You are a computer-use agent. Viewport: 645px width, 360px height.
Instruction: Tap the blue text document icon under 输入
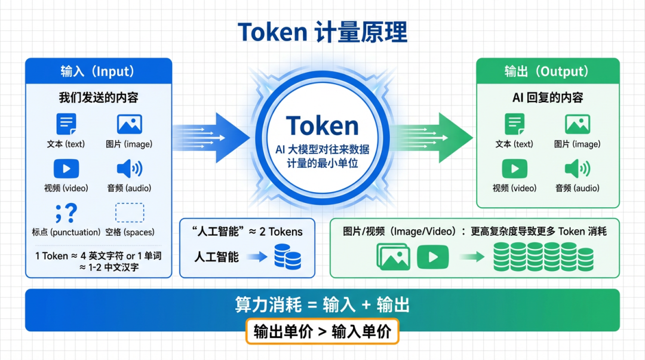pos(66,124)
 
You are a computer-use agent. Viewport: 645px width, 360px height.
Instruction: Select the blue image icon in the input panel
pos(129,124)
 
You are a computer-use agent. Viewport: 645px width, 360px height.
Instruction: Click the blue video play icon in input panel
pos(66,169)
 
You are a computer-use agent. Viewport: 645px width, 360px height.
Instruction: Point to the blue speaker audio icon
pos(129,169)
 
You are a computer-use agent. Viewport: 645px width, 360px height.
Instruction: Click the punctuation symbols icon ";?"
pos(66,213)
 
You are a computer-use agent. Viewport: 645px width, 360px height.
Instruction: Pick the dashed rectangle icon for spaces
pos(129,213)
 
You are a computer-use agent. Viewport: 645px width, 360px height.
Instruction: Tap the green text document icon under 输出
pos(514,124)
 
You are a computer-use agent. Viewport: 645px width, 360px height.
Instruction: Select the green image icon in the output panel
pos(577,124)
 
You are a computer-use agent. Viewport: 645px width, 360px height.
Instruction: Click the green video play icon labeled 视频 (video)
pos(514,169)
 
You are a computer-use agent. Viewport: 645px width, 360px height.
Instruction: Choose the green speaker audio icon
pos(577,169)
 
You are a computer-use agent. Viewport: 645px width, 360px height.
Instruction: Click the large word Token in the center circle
pos(322,126)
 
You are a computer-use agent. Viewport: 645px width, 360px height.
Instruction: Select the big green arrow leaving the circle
pos(433,137)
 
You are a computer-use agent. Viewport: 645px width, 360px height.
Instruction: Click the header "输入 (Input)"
pos(98,72)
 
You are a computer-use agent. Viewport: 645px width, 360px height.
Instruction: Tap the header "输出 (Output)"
pos(547,72)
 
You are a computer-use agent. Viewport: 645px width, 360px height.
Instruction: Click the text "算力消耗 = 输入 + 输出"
pos(322,305)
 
